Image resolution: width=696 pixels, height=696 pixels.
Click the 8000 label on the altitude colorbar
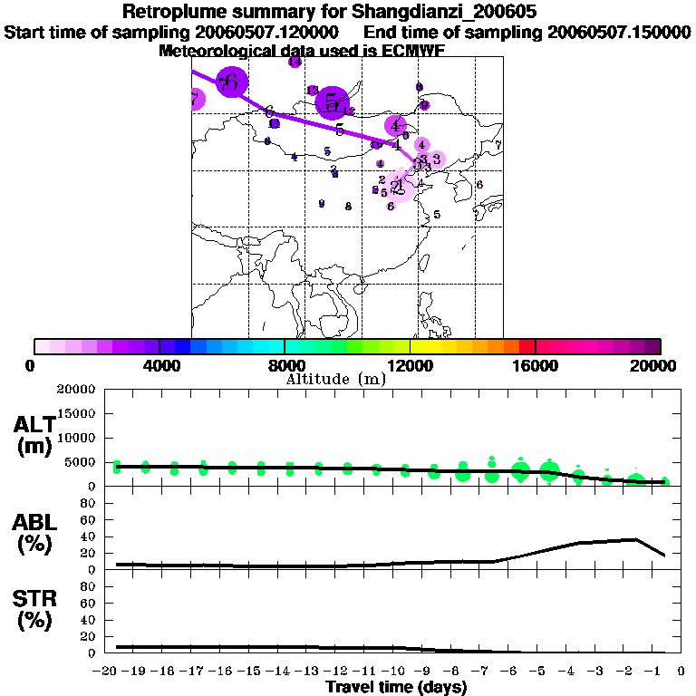click(284, 365)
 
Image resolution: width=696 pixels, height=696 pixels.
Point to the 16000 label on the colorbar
click(535, 365)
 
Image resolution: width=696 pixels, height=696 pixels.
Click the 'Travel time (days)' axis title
click(395, 688)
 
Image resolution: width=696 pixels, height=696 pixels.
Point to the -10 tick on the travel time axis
click(396, 672)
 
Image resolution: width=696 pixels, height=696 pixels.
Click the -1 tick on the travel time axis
click(649, 672)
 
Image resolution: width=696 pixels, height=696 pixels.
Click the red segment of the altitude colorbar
click(527, 346)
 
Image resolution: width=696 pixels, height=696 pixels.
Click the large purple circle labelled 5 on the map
click(332, 101)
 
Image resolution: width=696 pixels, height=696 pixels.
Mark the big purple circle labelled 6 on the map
click(232, 82)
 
